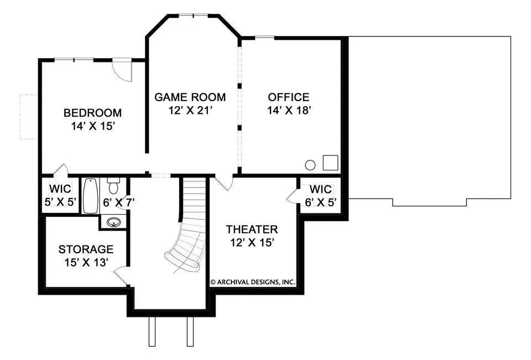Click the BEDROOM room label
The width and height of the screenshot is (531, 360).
coord(92,113)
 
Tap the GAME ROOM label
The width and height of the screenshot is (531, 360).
coord(190,97)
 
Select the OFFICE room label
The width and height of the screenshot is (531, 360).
coord(289,97)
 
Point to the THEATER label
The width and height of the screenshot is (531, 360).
coord(252,229)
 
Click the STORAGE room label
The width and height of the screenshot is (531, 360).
coord(86,249)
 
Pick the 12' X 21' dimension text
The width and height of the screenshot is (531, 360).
coord(190,111)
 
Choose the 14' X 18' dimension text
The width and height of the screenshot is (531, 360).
coord(289,111)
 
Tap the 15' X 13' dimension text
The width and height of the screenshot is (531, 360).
coord(86,263)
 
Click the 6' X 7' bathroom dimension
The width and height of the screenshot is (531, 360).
coord(119,202)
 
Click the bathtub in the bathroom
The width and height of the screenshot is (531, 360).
coord(91,196)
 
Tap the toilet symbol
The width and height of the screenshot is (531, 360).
coord(113,186)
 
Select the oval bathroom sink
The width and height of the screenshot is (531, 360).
coord(114,222)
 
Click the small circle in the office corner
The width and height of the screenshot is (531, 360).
coord(310,165)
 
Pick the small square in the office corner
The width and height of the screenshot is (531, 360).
coord(331,163)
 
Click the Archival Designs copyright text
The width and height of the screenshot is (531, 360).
coord(253,282)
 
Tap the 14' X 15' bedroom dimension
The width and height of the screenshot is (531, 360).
coord(93,126)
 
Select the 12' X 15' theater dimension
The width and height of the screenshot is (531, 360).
coord(252,242)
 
